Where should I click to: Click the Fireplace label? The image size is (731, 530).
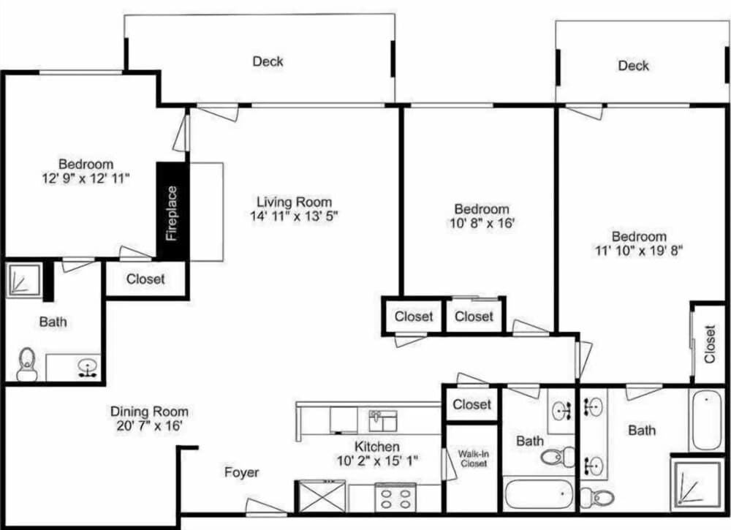pyautogui.click(x=172, y=213)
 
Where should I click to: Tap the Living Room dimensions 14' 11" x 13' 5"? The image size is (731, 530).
pyautogui.click(x=294, y=216)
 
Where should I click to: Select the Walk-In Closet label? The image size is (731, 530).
pyautogui.click(x=473, y=458)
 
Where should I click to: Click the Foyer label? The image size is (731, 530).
pyautogui.click(x=241, y=472)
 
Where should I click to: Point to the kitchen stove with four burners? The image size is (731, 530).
pyautogui.click(x=395, y=498)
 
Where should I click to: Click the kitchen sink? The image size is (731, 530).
pyautogui.click(x=383, y=420)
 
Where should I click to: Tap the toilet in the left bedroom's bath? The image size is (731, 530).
pyautogui.click(x=26, y=364)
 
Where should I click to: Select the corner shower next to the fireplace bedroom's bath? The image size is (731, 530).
pyautogui.click(x=24, y=280)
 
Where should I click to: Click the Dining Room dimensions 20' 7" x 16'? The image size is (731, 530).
pyautogui.click(x=149, y=426)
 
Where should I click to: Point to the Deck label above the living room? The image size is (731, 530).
pyautogui.click(x=268, y=61)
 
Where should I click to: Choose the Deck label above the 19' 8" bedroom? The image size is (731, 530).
pyautogui.click(x=633, y=65)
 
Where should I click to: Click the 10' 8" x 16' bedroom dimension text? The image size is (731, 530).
pyautogui.click(x=482, y=223)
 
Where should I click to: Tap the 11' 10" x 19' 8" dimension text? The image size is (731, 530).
pyautogui.click(x=639, y=251)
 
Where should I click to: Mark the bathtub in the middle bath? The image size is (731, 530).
pyautogui.click(x=539, y=493)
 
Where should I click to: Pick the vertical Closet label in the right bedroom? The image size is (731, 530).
pyautogui.click(x=710, y=344)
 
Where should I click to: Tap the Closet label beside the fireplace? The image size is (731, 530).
pyautogui.click(x=145, y=279)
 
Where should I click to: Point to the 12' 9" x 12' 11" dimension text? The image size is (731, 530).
pyautogui.click(x=86, y=178)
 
